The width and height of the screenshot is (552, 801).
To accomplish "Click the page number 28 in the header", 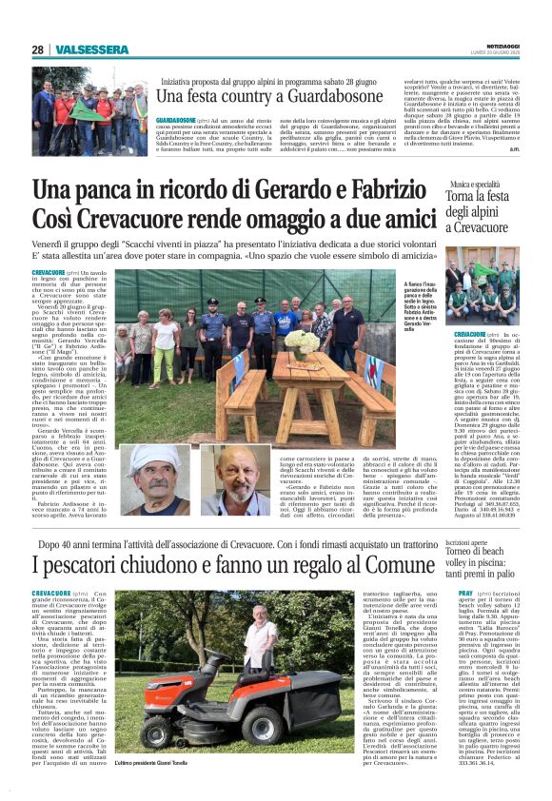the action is point(37,49).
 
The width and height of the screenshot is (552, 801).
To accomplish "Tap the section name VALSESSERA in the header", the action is point(91,49).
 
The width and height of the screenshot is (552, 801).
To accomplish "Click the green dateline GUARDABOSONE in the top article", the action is point(176,121).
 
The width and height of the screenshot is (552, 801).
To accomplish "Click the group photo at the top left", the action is point(89,110).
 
